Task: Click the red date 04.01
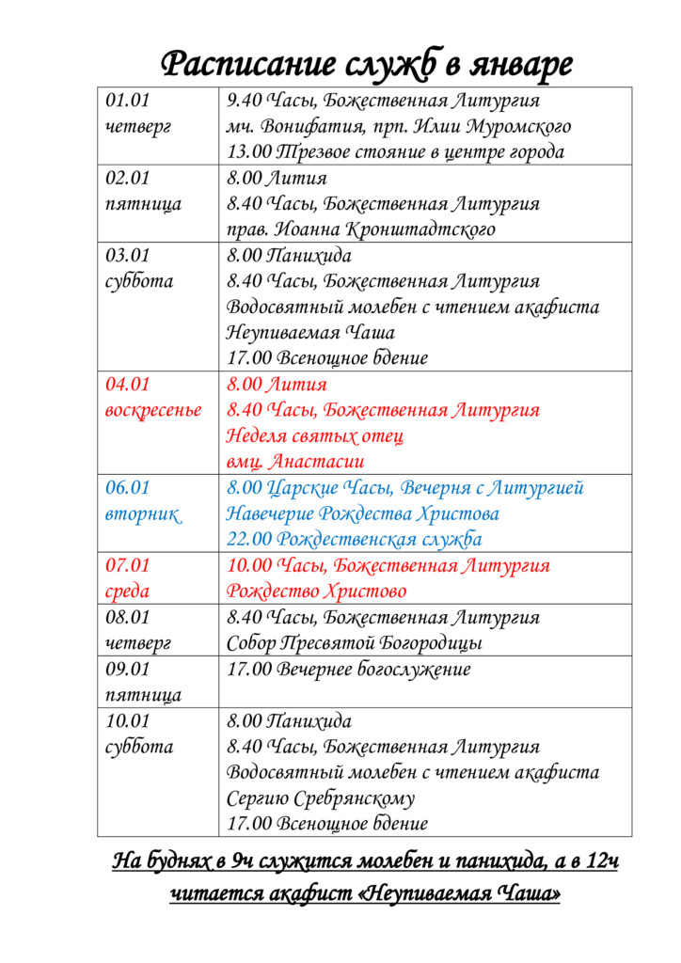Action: pyautogui.click(x=128, y=385)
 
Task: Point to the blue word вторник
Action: pyautogui.click(x=142, y=514)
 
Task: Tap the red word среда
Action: pyautogui.click(x=127, y=592)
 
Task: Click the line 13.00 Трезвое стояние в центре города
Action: pyautogui.click(x=395, y=151)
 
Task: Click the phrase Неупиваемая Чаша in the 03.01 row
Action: pyautogui.click(x=310, y=333)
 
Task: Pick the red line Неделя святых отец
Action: pyautogui.click(x=315, y=436)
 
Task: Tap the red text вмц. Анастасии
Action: pyautogui.click(x=295, y=462)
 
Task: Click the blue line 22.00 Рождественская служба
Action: pyautogui.click(x=354, y=540)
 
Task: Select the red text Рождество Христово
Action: pyautogui.click(x=316, y=592)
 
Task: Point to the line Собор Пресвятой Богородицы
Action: pyautogui.click(x=355, y=643)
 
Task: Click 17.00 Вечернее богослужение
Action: pyautogui.click(x=348, y=670)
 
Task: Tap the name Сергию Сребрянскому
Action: pyautogui.click(x=321, y=798)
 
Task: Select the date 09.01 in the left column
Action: pyautogui.click(x=128, y=670)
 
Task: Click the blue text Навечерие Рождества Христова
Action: pyautogui.click(x=362, y=514)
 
